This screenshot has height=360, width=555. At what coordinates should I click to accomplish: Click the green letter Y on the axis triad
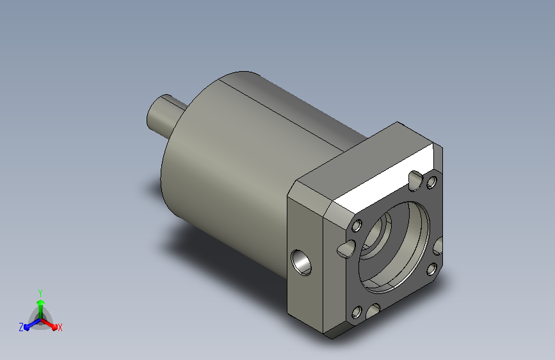40,293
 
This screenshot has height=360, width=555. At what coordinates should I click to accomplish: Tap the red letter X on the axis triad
60,328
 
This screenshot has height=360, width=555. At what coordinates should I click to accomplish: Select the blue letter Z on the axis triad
21,327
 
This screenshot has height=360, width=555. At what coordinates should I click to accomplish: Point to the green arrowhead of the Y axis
41,303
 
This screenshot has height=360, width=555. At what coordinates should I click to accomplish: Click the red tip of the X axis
54,327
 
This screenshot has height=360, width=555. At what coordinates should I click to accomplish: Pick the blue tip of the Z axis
27,327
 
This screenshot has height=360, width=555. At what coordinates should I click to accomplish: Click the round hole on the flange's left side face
302,263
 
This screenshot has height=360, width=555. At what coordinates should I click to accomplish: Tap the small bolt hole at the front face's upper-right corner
431,183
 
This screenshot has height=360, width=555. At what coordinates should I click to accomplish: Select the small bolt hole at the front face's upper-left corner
357,225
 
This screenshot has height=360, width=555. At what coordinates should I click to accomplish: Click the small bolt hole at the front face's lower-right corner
431,269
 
